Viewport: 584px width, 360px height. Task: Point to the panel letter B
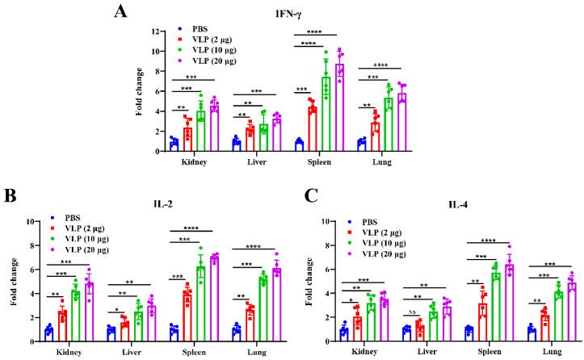10,195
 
